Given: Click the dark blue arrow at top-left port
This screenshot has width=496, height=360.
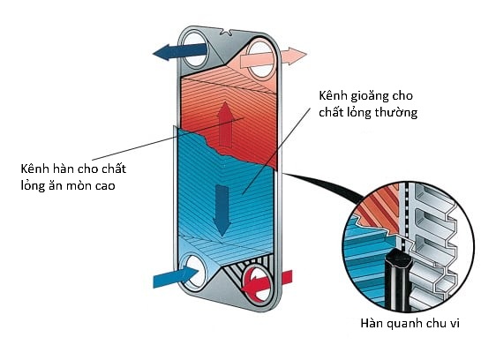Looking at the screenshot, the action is pos(180,51).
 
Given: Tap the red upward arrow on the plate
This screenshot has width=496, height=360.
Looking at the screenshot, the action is pos(225,124).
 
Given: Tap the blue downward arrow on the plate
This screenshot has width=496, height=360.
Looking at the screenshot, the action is pos(222,210).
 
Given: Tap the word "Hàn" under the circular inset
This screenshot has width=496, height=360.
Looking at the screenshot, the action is pos(372,323).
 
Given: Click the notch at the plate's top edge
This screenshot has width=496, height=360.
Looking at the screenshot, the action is pos(227,32).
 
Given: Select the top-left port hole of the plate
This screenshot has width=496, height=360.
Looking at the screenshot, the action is pos(195,49).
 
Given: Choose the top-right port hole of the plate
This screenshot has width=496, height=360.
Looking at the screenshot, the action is pos(260,59).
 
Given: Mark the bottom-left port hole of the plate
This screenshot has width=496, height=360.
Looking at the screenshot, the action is pos(195,272).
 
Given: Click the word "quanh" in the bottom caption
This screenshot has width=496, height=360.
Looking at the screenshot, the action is pos(403,324).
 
